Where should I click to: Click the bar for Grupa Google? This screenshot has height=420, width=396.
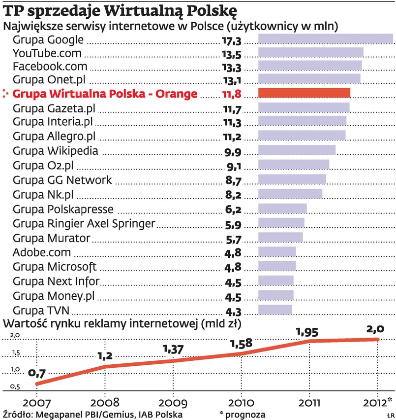(325, 39)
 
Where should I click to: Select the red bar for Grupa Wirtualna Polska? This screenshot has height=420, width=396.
(304, 93)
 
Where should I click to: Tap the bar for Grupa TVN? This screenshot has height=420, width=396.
(275, 310)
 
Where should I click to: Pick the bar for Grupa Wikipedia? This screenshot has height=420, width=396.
(297, 150)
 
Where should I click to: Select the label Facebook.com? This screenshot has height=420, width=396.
(50, 66)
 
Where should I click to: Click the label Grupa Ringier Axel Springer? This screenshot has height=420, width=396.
(84, 224)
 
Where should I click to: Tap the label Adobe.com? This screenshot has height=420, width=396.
(42, 252)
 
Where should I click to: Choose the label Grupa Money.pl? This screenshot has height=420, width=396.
(54, 296)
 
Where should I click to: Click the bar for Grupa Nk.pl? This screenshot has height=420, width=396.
(290, 193)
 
